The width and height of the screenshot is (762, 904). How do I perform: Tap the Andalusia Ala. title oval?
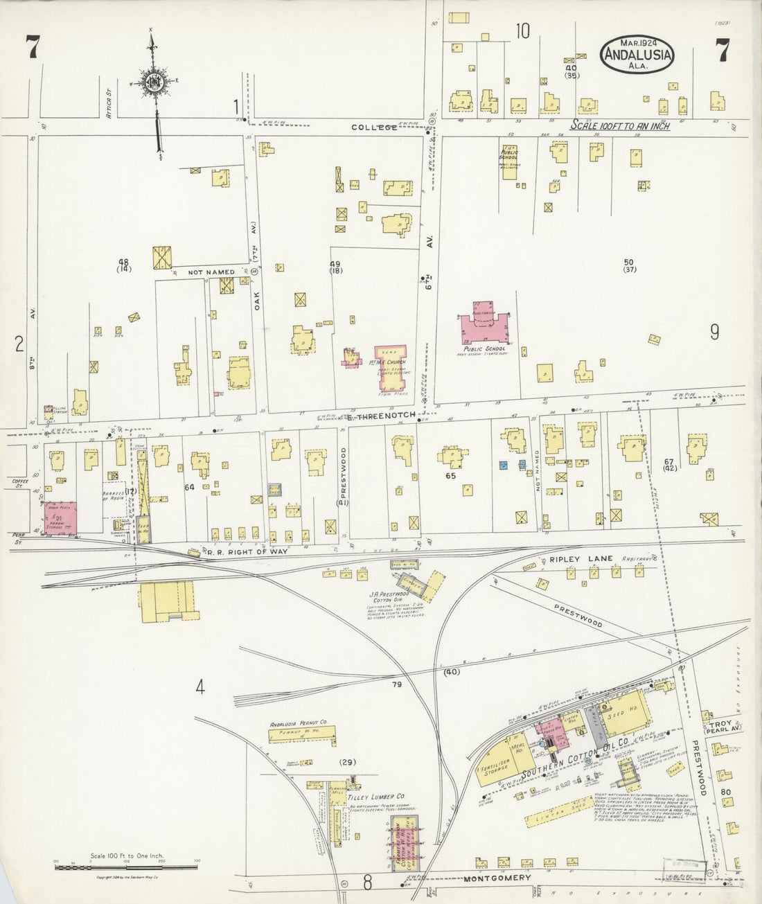click(x=635, y=53)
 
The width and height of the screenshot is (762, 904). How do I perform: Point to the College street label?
click(x=374, y=127)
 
